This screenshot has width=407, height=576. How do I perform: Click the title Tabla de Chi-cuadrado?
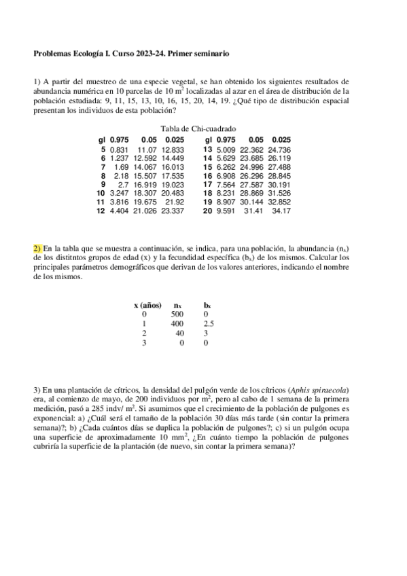[x=198, y=129]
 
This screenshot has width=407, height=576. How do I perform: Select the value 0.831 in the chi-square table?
[x=119, y=149]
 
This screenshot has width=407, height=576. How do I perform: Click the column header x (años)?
[x=148, y=305]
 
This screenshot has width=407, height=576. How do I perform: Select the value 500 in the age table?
[x=177, y=314]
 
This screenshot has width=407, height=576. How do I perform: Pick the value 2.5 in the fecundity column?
[x=209, y=324]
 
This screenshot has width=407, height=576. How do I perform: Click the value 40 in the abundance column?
[x=179, y=334]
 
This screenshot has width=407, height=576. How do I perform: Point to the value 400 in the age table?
[x=177, y=324]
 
